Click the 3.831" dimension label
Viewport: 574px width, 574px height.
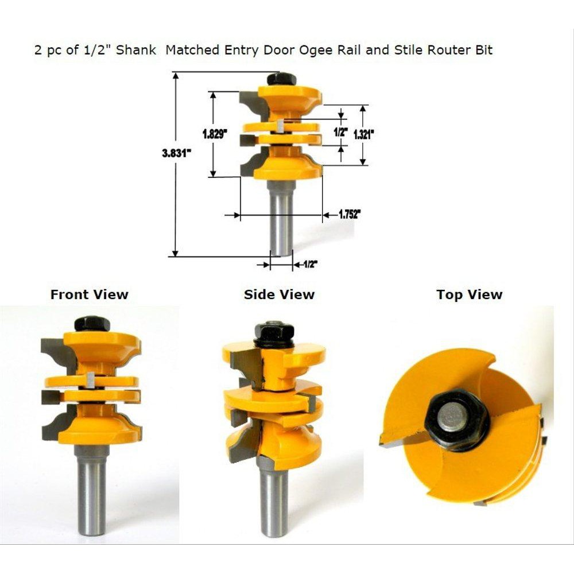(x=177, y=153)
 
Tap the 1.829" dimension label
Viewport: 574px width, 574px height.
(x=215, y=134)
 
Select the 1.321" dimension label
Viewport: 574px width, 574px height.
(x=363, y=134)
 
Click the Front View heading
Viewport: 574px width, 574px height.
(x=90, y=294)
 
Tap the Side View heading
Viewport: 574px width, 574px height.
(x=280, y=294)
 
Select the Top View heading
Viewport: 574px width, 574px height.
(x=470, y=294)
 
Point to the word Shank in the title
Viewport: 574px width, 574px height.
(x=136, y=50)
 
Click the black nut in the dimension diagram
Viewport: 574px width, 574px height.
(x=281, y=79)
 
